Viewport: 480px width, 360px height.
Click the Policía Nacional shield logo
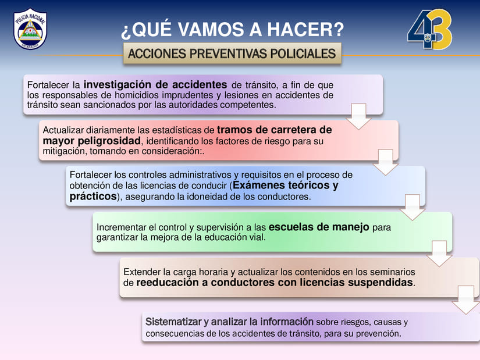[x=30, y=29]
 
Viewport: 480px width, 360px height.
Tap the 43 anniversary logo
[x=430, y=30]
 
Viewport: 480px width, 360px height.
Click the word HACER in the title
[x=305, y=30]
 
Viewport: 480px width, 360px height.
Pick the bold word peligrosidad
[x=109, y=141]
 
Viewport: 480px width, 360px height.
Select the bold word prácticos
[x=93, y=197]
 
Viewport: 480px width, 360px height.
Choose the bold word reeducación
[x=168, y=283]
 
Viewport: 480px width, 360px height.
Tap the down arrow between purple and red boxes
[x=358, y=116]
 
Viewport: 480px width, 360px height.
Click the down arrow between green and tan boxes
[x=439, y=254]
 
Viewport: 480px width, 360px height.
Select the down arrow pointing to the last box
[x=466, y=300]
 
